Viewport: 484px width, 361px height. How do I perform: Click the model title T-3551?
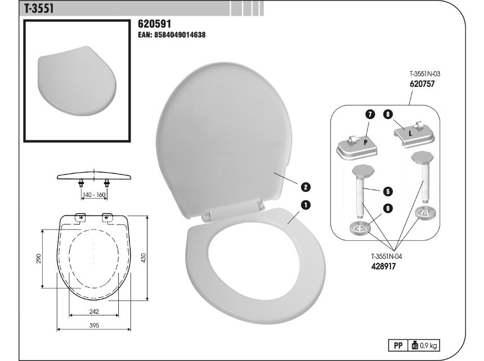(39, 8)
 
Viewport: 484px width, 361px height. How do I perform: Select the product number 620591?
(154, 24)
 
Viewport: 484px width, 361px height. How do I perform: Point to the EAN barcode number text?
(172, 34)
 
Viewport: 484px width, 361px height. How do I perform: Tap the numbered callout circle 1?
(305, 205)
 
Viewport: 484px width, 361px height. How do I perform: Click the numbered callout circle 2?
(305, 187)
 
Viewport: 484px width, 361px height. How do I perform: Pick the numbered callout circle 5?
(388, 191)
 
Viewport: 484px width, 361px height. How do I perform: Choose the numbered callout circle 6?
(388, 208)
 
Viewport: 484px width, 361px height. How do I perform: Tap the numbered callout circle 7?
(370, 115)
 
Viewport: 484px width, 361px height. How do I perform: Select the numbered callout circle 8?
(388, 115)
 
